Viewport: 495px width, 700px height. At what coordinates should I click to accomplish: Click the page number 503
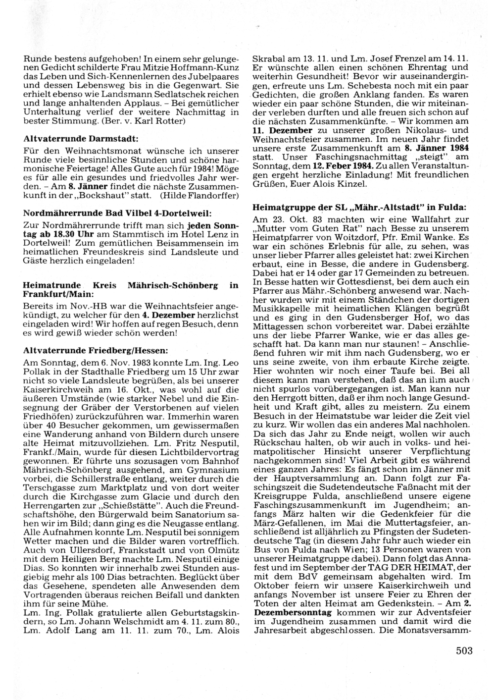[464, 650]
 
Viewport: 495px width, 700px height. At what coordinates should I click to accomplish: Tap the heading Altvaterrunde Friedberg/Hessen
[96, 350]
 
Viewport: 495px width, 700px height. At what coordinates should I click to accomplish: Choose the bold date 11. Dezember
[283, 130]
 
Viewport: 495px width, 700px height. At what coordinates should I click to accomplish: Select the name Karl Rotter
[167, 121]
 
